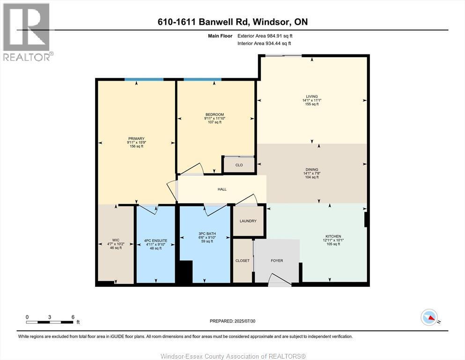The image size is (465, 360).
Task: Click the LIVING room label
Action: pos(312,97)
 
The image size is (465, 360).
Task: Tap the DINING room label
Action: pos(311,170)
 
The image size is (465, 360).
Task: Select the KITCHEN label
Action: pos(333,236)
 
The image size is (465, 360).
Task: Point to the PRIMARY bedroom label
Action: pos(136,138)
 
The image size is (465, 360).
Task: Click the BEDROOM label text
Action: pos(214,115)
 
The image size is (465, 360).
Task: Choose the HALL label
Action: pos(222,189)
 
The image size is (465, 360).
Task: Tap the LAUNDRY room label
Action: pos(248,221)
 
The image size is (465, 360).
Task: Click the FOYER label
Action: pos(277,261)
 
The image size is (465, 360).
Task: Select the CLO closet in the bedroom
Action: pos(239,165)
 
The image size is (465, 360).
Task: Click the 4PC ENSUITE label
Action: pos(155,241)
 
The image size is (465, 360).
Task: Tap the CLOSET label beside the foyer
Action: pos(243,261)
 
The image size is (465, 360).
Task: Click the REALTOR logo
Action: pos(27,32)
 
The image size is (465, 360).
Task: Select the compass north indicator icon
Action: pos(429,317)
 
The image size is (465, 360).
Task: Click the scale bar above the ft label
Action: pos(50,322)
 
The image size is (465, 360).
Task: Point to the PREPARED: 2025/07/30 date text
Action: pos(232,321)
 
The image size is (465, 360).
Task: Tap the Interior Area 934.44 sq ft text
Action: pos(265,43)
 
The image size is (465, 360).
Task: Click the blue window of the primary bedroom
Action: pos(144,80)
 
